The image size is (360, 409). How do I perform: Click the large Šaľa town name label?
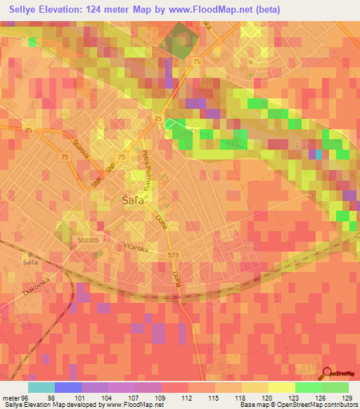tap(124, 200)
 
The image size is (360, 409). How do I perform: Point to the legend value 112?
tap(187, 397)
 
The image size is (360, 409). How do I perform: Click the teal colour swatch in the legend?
tap(41, 387)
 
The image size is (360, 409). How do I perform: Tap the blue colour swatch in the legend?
tap(68, 387)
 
